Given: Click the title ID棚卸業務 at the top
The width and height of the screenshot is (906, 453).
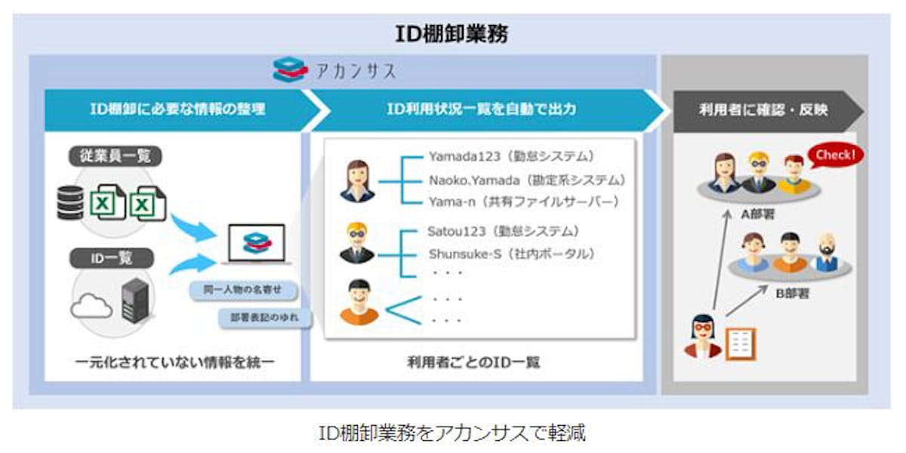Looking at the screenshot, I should click(x=452, y=34).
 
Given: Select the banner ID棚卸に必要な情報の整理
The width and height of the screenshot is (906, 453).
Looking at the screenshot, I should click(x=177, y=109).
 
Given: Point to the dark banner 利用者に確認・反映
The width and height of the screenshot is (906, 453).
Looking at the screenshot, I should click(x=763, y=109).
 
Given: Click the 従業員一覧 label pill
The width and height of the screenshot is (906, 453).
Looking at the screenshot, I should click(x=115, y=156).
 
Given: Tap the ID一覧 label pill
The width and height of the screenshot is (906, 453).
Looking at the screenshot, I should click(x=115, y=258).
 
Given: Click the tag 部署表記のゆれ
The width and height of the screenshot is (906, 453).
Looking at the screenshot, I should click(x=265, y=318).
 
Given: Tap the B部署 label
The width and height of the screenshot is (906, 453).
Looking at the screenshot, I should click(x=792, y=293).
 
